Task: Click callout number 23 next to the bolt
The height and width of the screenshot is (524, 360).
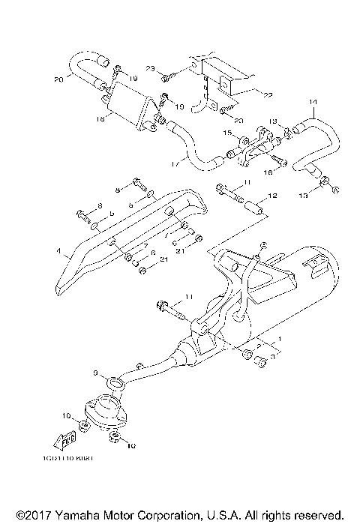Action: click(x=150, y=69)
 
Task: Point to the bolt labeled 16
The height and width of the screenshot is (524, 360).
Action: click(x=278, y=159)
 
